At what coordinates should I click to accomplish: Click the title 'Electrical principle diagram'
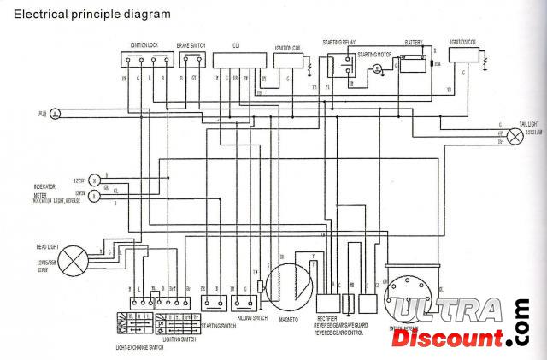click(91, 14)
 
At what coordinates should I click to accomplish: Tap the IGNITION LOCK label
click(144, 44)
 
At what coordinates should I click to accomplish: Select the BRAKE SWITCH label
click(189, 44)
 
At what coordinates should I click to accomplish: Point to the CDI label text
click(236, 44)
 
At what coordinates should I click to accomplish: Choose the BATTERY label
click(414, 42)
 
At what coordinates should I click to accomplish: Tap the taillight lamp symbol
click(515, 137)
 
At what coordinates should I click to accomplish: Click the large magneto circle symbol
click(289, 286)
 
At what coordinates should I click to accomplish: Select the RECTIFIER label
click(327, 320)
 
